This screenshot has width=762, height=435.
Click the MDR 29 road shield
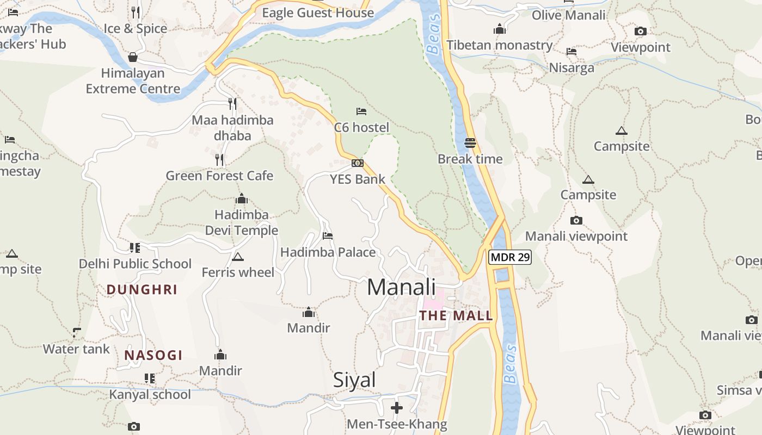(x=509, y=257)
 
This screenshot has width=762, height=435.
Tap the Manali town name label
(x=401, y=287)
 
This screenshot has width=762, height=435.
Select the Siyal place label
(x=354, y=380)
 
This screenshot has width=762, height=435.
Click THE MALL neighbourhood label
(x=456, y=315)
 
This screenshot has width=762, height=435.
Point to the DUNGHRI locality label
(x=142, y=289)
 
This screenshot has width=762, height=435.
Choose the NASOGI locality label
(x=153, y=356)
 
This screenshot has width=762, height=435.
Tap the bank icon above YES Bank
(x=358, y=163)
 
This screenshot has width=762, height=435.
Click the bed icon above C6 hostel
(x=361, y=111)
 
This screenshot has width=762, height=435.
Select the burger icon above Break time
(x=470, y=143)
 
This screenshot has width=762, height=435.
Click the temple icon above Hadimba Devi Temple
(x=242, y=199)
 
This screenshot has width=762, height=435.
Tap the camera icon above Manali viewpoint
(x=576, y=220)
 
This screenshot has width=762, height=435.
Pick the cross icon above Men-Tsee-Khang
(x=397, y=408)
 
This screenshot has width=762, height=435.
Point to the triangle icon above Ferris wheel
(x=237, y=257)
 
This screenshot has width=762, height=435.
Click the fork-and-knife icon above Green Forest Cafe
(x=219, y=159)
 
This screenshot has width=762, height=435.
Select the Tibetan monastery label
(x=500, y=45)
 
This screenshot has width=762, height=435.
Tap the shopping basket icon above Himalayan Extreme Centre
(x=133, y=57)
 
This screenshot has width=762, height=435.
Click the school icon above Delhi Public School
(x=135, y=248)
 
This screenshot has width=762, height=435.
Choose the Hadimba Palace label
(x=328, y=252)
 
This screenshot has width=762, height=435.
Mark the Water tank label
(x=76, y=349)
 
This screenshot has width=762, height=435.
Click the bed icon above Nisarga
(x=571, y=52)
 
